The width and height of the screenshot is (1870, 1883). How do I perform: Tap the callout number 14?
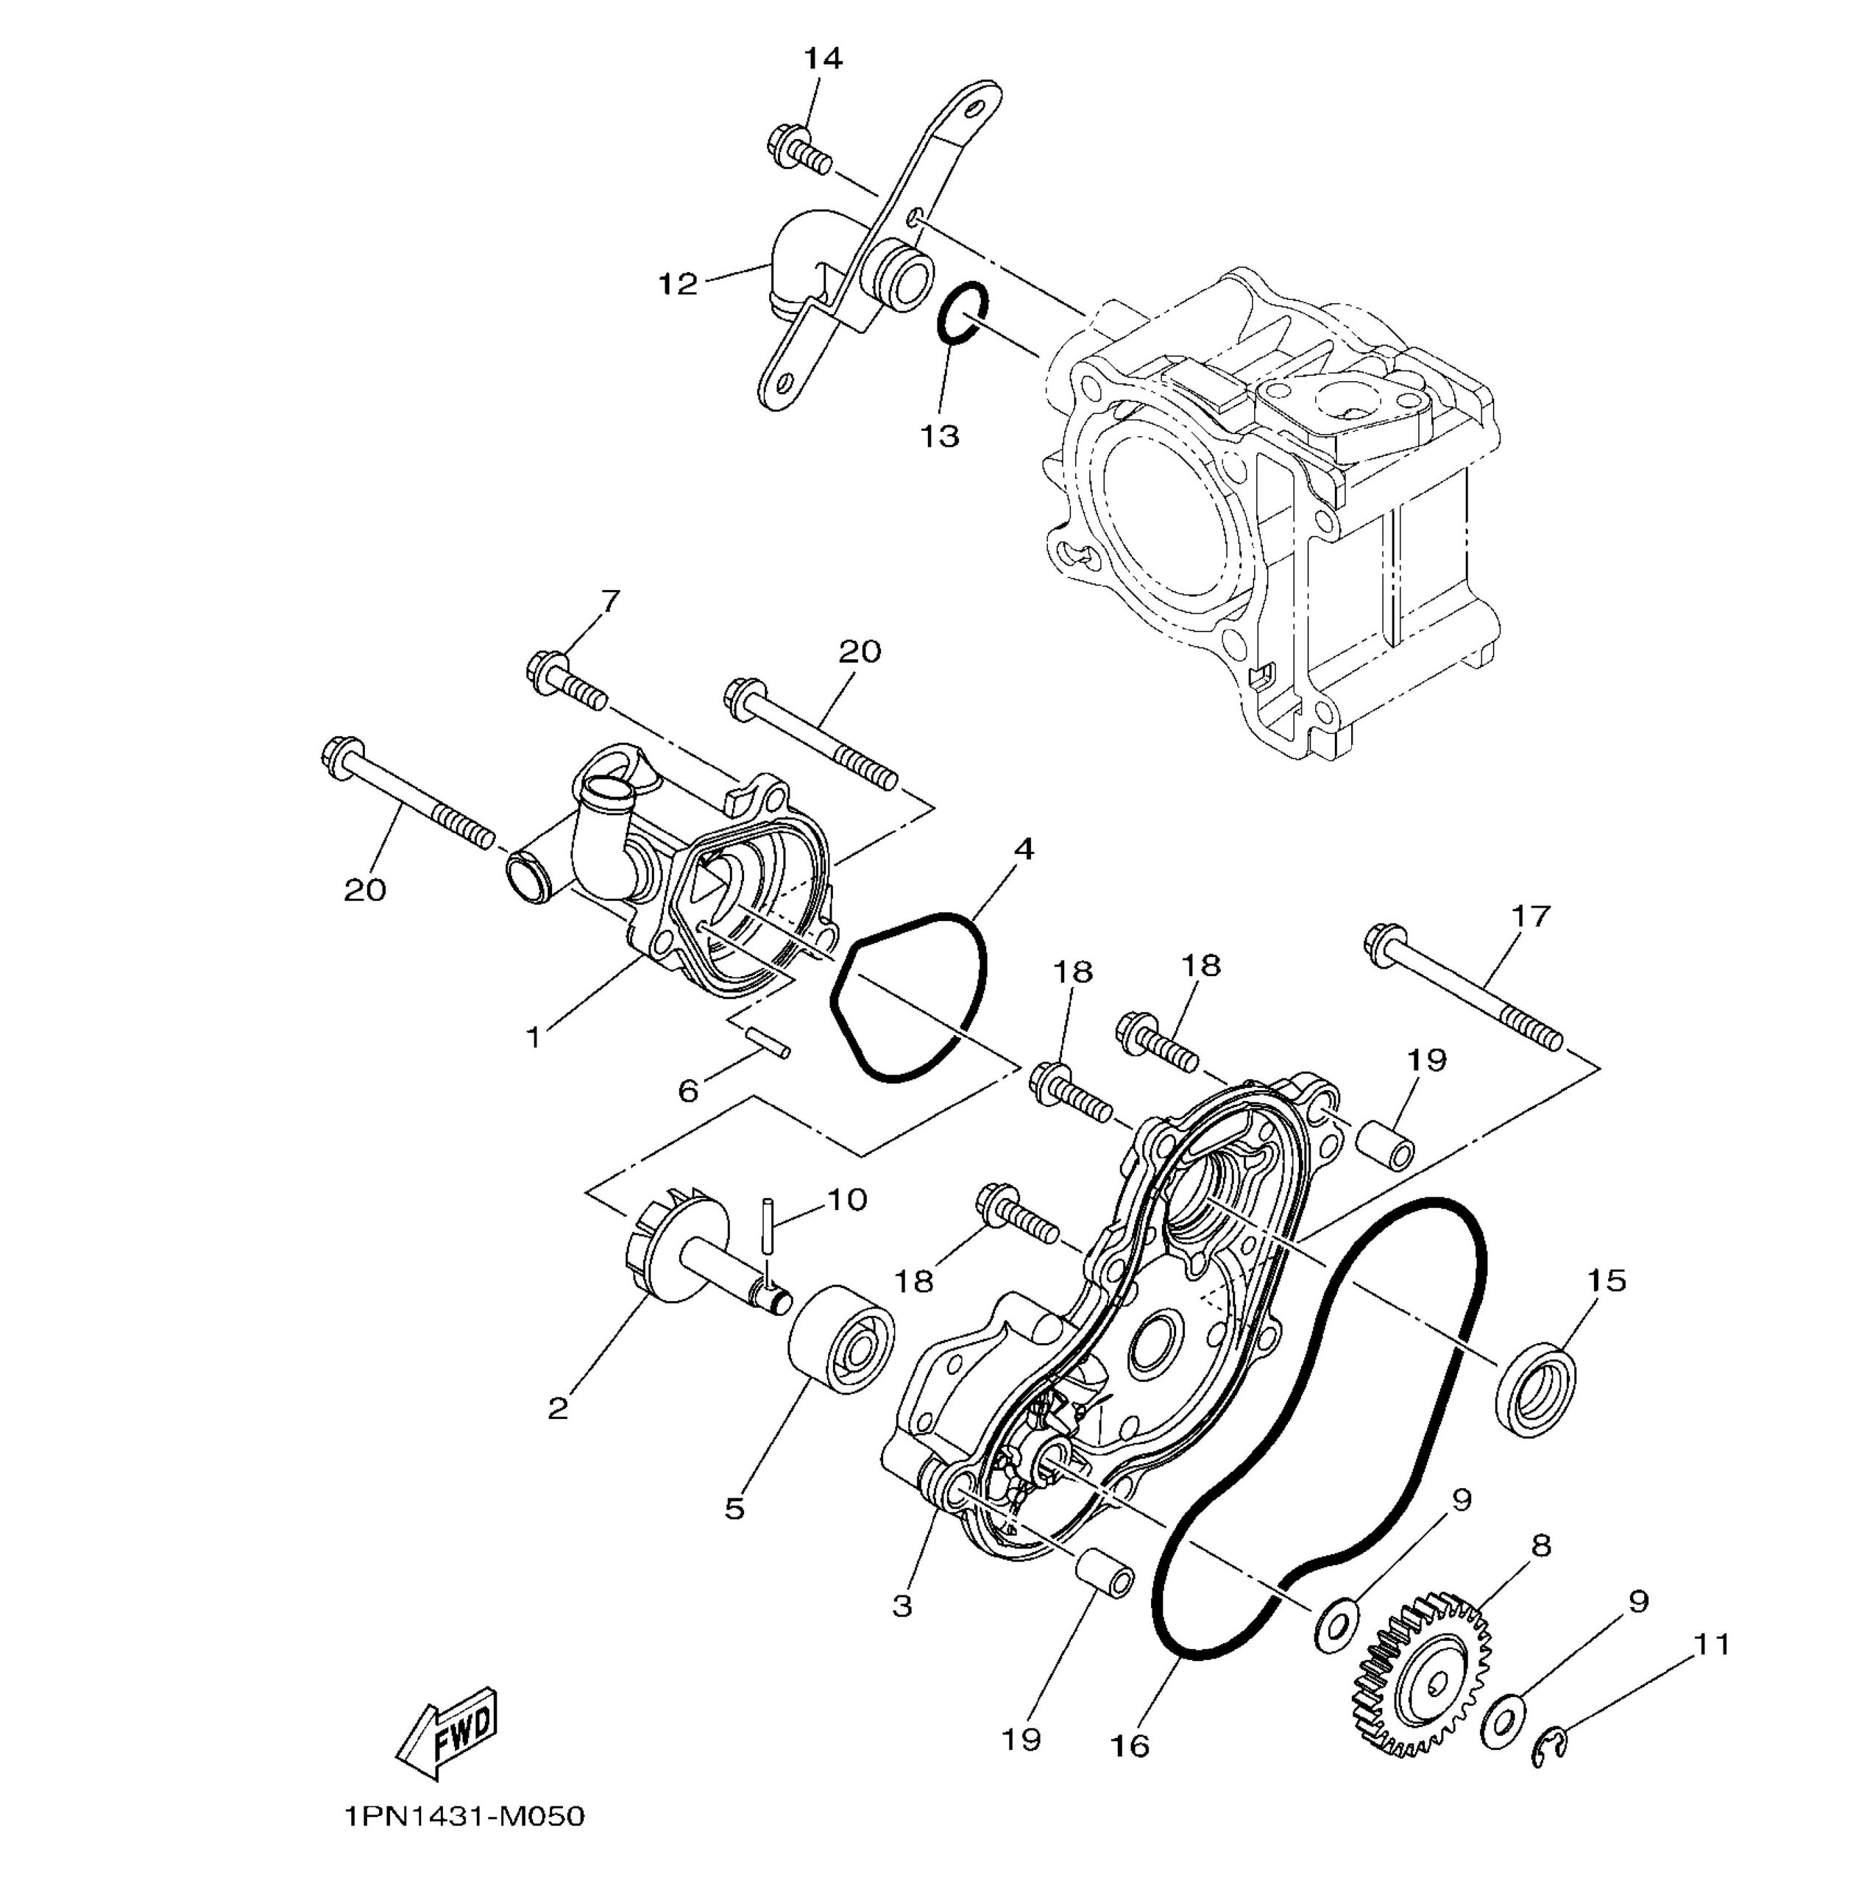point(823,59)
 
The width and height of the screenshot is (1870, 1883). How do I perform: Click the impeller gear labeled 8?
point(1420,1673)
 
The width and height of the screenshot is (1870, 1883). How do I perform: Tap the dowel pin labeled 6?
point(768,1042)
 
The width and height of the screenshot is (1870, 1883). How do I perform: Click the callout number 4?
point(1023,849)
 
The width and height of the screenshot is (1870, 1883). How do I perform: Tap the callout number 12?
point(678,285)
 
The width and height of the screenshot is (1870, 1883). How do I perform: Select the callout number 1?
point(534,1038)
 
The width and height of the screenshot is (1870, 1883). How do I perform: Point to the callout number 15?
point(1607,1280)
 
